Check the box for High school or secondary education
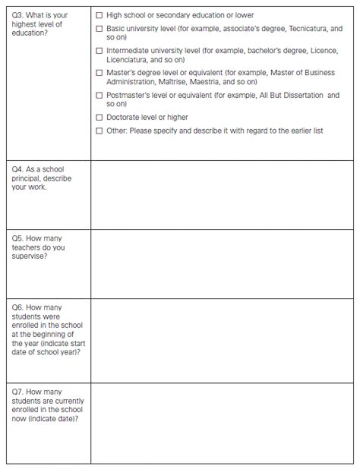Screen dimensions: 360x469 (99, 15)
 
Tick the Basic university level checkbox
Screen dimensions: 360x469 (99, 28)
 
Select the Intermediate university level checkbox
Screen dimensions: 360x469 (99, 50)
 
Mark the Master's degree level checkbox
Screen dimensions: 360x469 (99, 72)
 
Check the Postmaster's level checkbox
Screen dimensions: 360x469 (99, 95)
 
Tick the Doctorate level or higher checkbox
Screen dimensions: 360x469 (99, 117)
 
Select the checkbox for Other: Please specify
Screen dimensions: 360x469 (99, 131)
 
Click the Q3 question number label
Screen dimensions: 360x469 (19, 15)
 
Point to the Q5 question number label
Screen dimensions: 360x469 (19, 238)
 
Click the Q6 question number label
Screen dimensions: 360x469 (19, 307)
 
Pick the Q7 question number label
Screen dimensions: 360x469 (19, 392)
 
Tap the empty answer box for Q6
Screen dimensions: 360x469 (222, 340)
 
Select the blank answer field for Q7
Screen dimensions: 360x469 (222, 423)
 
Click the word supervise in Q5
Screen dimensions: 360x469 (30, 257)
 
